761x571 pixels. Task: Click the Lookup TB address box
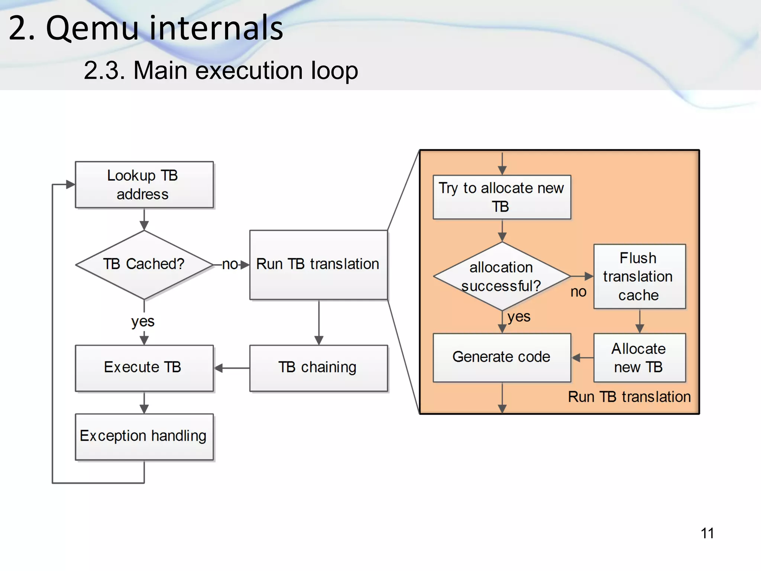click(x=144, y=184)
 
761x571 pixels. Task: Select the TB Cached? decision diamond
click(x=144, y=264)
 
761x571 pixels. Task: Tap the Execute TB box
click(x=144, y=368)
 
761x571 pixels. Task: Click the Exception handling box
click(x=144, y=436)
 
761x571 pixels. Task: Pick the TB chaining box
click(x=318, y=368)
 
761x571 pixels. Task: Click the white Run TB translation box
click(x=318, y=264)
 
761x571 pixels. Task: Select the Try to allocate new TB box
click(x=502, y=197)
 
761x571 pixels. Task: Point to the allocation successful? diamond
click(x=502, y=276)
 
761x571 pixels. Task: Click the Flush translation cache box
click(x=639, y=276)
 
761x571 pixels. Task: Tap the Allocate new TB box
click(x=639, y=358)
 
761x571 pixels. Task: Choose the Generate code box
click(x=502, y=357)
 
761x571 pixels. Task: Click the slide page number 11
click(x=707, y=533)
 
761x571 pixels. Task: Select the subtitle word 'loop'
click(x=334, y=70)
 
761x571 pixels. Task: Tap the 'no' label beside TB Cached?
click(x=230, y=264)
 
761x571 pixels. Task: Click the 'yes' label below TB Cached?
click(x=143, y=321)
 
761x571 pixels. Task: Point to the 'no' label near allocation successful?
click(x=578, y=292)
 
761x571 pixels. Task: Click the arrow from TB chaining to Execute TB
click(x=232, y=368)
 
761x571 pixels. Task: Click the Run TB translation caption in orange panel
click(x=629, y=397)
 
